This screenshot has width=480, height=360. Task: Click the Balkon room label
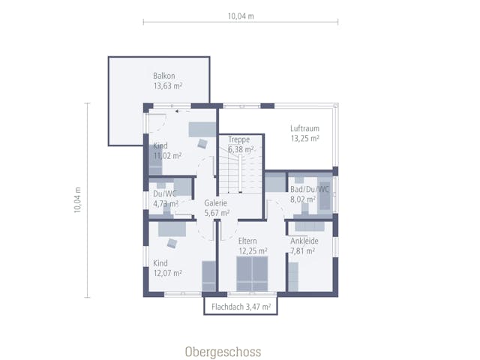click(x=164, y=76)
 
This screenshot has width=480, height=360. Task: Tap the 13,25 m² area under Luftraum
click(x=305, y=138)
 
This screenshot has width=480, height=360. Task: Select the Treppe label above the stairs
click(x=239, y=139)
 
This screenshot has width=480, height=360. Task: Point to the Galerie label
click(x=215, y=203)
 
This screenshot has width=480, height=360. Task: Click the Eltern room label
click(x=247, y=241)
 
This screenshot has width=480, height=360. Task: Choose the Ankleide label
click(x=304, y=241)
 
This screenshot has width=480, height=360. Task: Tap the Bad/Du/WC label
click(x=310, y=189)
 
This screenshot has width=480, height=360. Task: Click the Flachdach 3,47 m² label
click(x=241, y=307)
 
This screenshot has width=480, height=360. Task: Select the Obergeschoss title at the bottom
click(x=223, y=352)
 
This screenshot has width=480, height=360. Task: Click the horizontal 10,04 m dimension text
click(x=241, y=16)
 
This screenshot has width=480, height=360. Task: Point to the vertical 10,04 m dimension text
click(x=77, y=200)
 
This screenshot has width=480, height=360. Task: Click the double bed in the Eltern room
click(x=252, y=274)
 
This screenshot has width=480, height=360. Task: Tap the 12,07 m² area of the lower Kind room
click(x=168, y=273)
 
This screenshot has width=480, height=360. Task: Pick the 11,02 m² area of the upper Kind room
click(x=167, y=156)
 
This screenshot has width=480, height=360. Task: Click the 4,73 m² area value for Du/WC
click(x=166, y=203)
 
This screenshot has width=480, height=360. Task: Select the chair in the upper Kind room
click(x=202, y=143)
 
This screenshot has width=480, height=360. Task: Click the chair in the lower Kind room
click(x=172, y=243)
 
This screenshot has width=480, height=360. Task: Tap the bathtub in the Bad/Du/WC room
click(x=325, y=193)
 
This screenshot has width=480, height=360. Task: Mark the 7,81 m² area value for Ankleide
click(x=303, y=251)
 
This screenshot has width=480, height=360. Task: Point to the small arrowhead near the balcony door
click(x=177, y=112)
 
